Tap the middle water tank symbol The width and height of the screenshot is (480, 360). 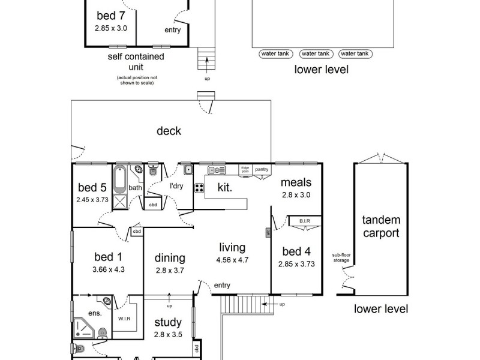point(316,54)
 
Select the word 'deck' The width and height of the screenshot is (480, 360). point(169,131)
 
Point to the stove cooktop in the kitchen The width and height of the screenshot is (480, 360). point(199,188)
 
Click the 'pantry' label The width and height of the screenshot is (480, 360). point(261,169)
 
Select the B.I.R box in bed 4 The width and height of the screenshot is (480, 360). point(304,222)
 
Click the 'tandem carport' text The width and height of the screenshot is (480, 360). point(381,227)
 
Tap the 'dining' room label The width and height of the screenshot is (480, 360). point(170,258)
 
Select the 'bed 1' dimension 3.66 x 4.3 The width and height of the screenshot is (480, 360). point(108,269)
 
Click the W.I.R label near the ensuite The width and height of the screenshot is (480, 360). point(124,319)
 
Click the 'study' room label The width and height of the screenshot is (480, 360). point(167,323)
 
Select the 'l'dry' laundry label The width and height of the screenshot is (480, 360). point(176,186)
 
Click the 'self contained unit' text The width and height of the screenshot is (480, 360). point(136,62)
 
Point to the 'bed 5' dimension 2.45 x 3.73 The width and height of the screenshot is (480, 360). point(92,200)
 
